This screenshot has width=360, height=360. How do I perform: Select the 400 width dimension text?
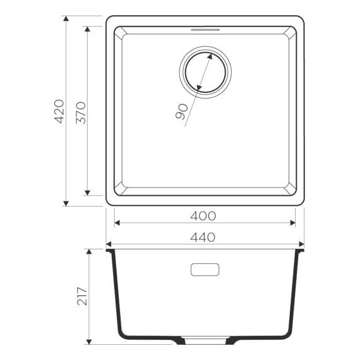click(203, 216)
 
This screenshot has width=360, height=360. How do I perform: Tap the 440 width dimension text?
click(203, 237)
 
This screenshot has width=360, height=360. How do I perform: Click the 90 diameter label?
click(179, 112)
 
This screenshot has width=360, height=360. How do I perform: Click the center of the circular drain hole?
click(205, 69)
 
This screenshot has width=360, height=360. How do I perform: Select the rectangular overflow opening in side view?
click(205, 269)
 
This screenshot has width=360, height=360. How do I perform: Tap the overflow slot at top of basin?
click(205, 28)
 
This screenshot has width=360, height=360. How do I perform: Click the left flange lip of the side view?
click(109, 251)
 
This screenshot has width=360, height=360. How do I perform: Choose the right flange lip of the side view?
click(301, 251)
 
